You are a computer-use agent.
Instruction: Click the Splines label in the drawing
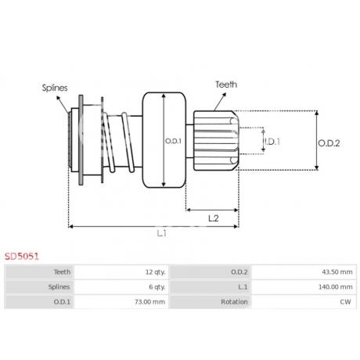pyautogui.click(x=55, y=88)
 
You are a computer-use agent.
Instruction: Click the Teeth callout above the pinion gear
pyautogui.click(x=226, y=85)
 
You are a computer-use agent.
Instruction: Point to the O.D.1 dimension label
pyautogui.click(x=173, y=141)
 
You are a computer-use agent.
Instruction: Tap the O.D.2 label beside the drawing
pyautogui.click(x=329, y=143)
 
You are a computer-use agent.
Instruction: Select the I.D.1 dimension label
pyautogui.click(x=272, y=142)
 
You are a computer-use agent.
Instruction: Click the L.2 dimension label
pyautogui.click(x=214, y=218)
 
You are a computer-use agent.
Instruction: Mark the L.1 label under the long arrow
pyautogui.click(x=162, y=233)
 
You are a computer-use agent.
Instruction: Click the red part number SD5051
pyautogui.click(x=22, y=257)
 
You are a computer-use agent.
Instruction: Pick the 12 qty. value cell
pyautogui.click(x=156, y=272)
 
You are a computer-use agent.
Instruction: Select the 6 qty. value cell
pyautogui.click(x=157, y=287)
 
